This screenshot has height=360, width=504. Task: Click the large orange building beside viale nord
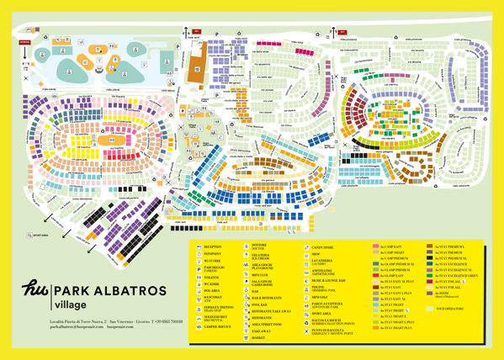[x=196, y=61]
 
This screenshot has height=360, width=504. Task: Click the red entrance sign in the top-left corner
[x=24, y=40]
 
